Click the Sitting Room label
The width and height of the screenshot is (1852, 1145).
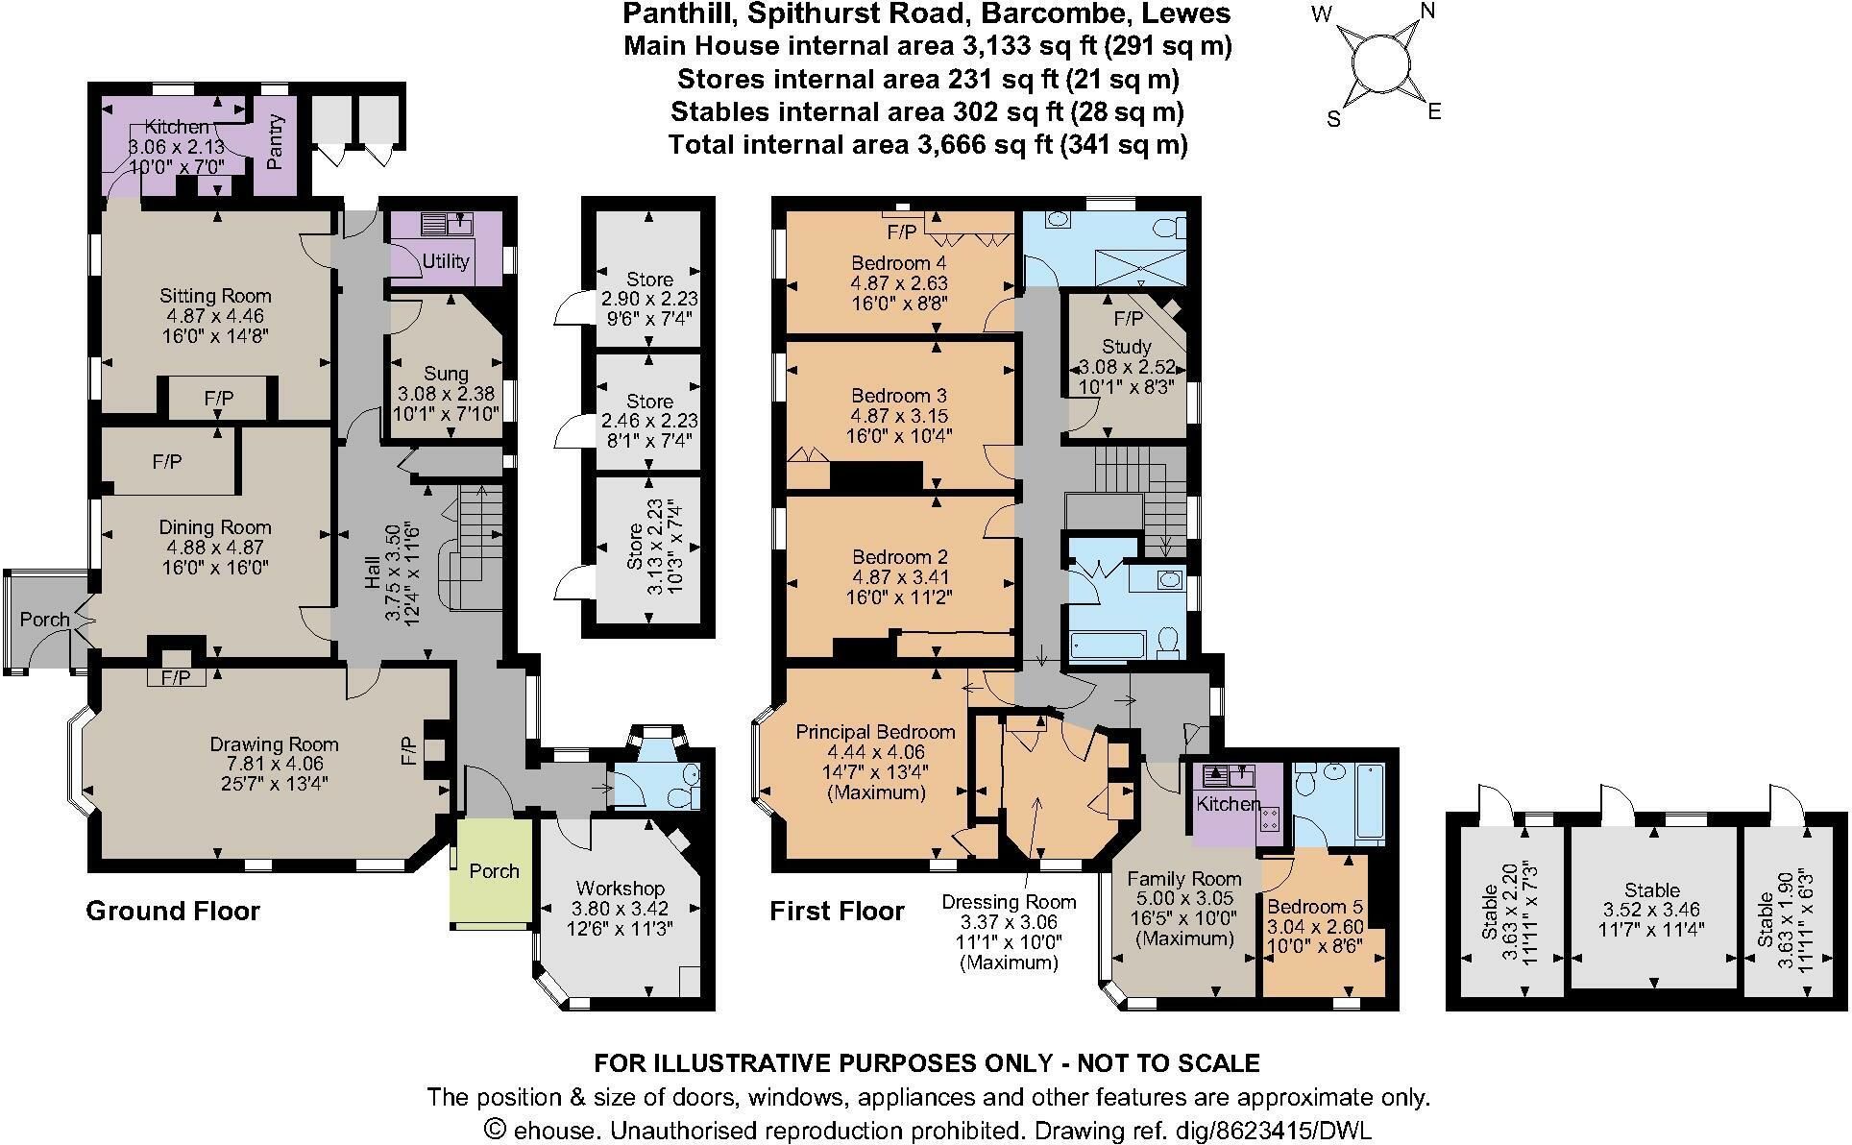click(x=215, y=296)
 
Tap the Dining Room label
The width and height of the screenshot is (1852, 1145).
click(x=215, y=527)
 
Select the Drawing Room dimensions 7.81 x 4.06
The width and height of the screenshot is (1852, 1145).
click(x=274, y=764)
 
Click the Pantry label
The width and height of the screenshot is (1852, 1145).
click(x=276, y=142)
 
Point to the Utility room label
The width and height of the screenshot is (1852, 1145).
click(x=447, y=261)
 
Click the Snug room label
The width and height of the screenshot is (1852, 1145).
click(x=447, y=374)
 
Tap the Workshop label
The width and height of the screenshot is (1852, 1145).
click(x=621, y=889)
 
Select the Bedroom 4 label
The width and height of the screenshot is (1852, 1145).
click(x=891, y=263)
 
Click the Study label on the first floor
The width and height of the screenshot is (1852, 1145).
click(x=1128, y=347)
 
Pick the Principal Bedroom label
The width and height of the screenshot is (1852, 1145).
click(x=875, y=732)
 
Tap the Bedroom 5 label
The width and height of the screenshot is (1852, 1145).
click(x=1315, y=907)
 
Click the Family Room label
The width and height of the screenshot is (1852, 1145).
click(x=1184, y=879)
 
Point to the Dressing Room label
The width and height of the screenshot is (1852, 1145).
click(x=1009, y=902)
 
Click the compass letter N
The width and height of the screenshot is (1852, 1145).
click(x=1427, y=11)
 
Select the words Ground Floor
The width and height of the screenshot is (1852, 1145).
click(x=173, y=911)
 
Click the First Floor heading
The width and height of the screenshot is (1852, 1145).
click(x=837, y=911)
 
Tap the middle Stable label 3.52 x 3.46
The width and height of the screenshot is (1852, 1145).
click(x=1652, y=912)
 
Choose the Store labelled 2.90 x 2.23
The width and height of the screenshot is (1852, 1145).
click(x=649, y=299)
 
